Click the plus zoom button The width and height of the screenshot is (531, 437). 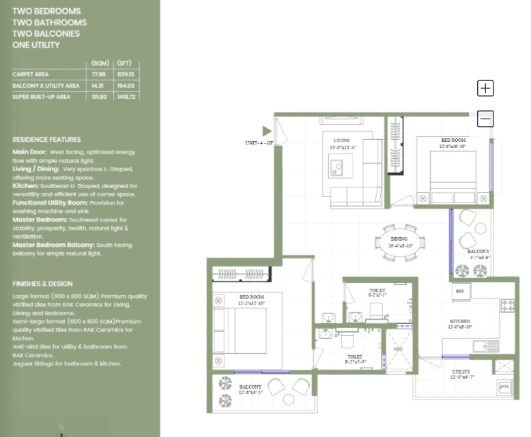[485, 88]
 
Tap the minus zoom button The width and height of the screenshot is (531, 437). [485, 119]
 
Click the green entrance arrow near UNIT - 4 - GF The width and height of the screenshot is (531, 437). [267, 131]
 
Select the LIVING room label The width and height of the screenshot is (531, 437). [342, 140]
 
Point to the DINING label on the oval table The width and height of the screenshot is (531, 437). [399, 239]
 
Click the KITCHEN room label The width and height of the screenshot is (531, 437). [459, 321]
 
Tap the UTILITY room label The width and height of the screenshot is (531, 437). [461, 372]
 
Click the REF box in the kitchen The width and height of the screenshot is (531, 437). [459, 291]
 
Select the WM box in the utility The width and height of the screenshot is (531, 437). [504, 388]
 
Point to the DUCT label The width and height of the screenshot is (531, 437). [398, 349]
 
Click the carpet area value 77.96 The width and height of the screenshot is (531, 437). [99, 74]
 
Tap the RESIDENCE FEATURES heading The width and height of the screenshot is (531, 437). [46, 139]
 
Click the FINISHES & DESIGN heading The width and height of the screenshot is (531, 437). [42, 284]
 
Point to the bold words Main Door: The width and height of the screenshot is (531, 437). [29, 152]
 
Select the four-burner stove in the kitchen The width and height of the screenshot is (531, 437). [507, 305]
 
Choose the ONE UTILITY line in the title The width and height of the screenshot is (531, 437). [36, 45]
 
